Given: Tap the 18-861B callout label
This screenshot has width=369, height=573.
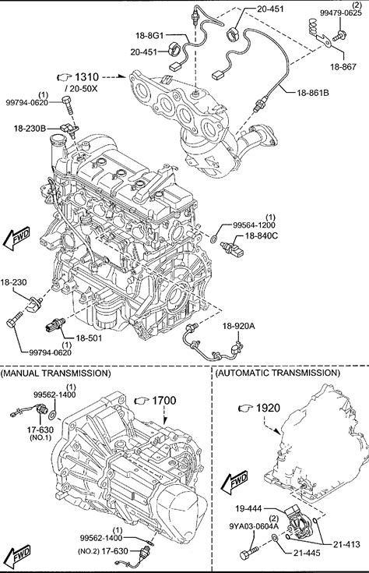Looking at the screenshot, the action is click(313, 93).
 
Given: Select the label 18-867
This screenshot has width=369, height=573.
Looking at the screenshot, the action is click(343, 66).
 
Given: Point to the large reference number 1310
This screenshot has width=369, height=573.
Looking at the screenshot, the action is click(87, 77).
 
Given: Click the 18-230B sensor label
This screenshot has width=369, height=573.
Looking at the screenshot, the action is click(30, 129).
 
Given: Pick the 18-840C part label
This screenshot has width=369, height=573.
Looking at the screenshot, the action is click(261, 236).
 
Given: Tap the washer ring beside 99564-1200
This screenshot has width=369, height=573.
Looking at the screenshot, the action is click(215, 240).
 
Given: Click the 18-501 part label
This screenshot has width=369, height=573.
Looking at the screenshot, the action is click(89, 338).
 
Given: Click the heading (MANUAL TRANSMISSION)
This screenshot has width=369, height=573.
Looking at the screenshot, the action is click(56, 373).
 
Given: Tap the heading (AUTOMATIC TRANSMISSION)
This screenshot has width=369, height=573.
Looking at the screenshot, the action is click(278, 373).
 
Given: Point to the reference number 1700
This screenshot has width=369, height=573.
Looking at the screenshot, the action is click(164, 401).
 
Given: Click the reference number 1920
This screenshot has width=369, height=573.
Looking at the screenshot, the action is click(268, 408).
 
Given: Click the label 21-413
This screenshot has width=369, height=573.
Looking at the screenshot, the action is click(346, 544).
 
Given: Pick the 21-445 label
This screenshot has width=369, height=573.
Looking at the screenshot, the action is click(307, 554).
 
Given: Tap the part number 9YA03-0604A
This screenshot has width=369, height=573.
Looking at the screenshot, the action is click(254, 526).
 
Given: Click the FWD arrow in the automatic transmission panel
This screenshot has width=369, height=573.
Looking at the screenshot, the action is click(234, 483).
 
